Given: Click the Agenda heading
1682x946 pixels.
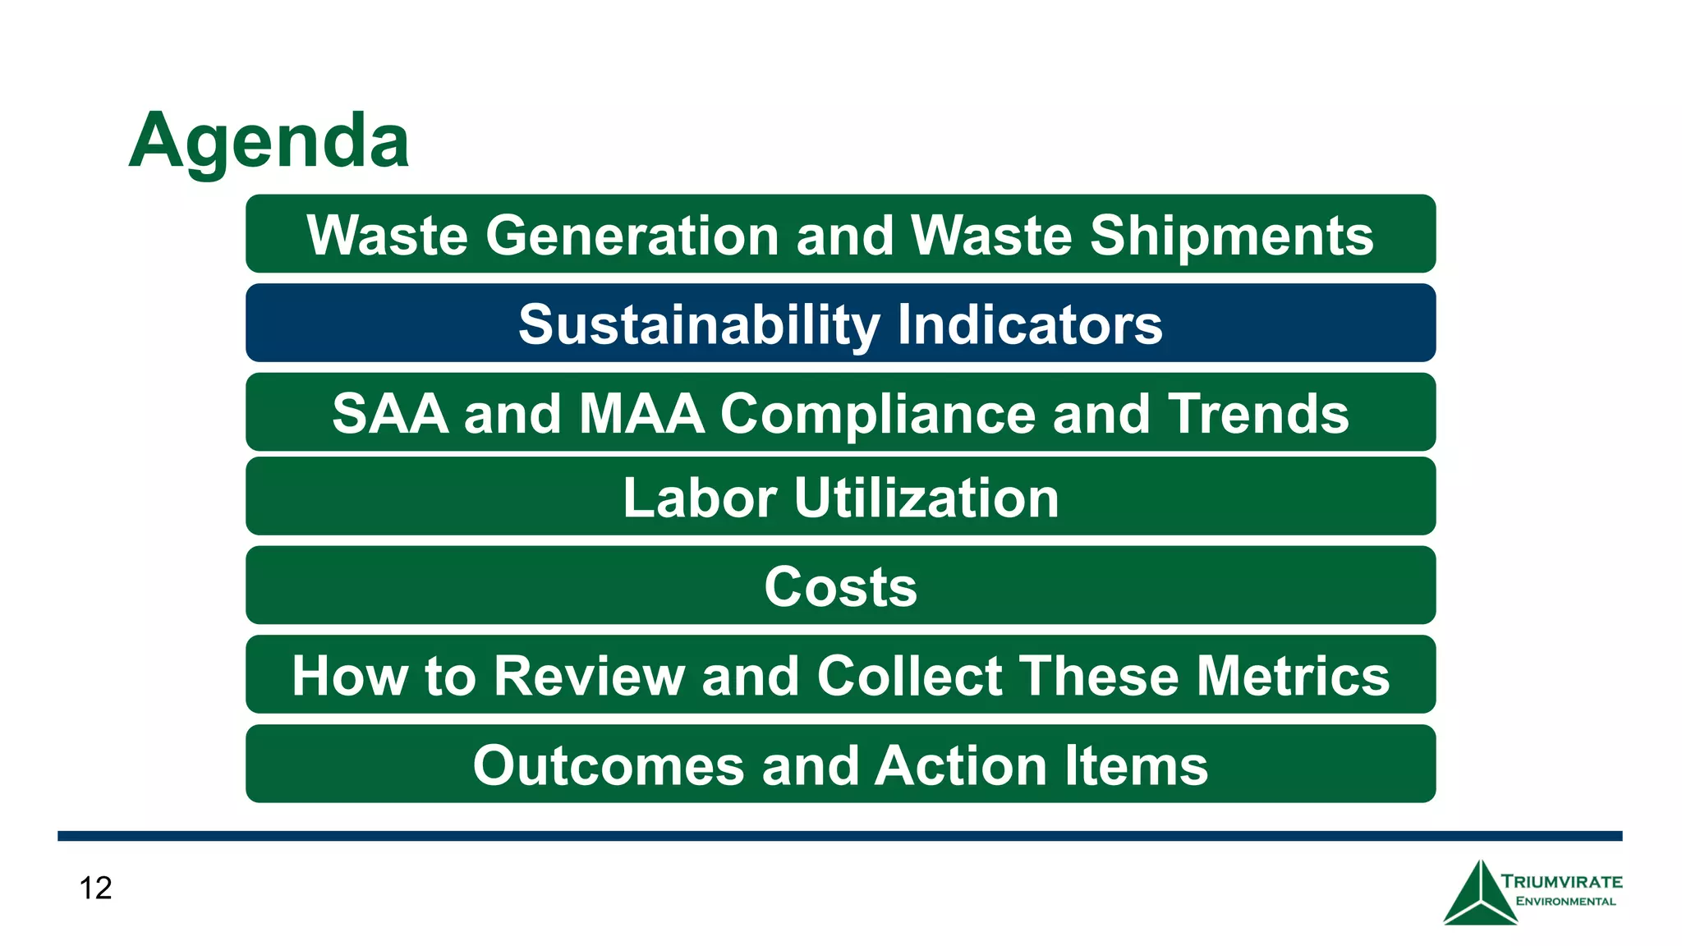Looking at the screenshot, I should point(269,141).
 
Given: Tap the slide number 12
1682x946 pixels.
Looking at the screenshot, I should point(95,888).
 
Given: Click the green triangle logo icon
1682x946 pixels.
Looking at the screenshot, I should point(1479,895).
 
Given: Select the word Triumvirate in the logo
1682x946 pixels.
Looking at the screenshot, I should point(1562,882).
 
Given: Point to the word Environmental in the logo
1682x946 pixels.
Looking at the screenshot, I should point(1565,901).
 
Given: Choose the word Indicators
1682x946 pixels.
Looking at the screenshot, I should point(1030,324).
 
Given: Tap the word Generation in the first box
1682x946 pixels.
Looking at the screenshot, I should point(632,236).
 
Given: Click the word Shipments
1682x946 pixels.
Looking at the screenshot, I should point(1231,236).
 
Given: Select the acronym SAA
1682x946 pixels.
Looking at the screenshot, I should point(390,413).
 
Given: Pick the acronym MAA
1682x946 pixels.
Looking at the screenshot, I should point(641,413).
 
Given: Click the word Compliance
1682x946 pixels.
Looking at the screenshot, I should point(878,413).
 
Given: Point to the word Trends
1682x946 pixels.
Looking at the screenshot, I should point(1258,413).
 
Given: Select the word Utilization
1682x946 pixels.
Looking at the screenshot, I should point(926,498).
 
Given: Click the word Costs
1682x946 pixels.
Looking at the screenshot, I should point(840,587).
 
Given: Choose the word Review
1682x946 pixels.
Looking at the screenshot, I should point(589,676).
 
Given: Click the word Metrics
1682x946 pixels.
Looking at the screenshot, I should point(1293,676).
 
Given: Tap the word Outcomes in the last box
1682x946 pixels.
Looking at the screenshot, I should point(609,765).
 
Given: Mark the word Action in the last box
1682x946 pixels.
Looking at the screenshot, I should point(961,765).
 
